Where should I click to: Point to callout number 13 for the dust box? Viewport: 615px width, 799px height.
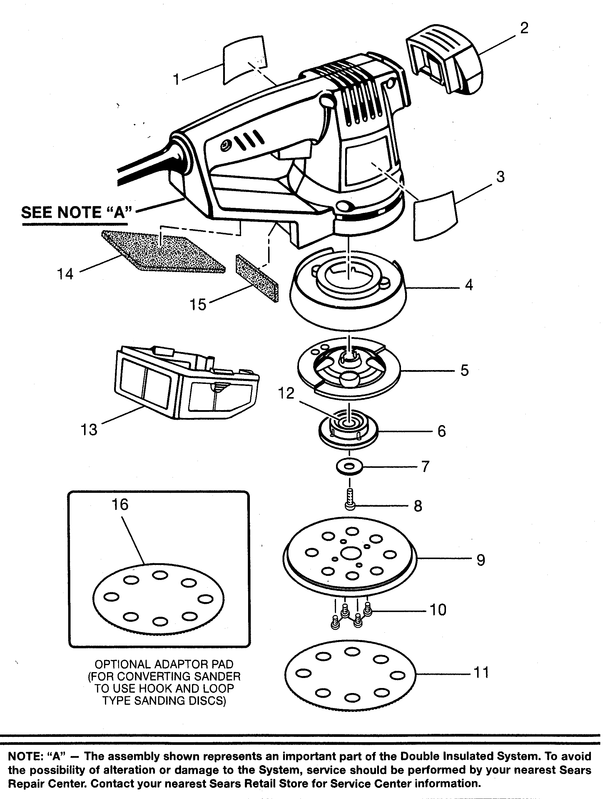tap(89, 430)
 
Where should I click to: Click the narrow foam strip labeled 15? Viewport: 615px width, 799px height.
tap(257, 278)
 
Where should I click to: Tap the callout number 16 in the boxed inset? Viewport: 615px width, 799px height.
tap(120, 505)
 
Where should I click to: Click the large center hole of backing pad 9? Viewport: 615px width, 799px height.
tap(351, 554)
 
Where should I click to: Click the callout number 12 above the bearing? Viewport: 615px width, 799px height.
tap(286, 393)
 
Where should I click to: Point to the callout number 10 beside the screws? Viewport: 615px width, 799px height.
tap(438, 610)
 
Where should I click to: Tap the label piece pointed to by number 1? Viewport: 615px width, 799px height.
tap(245, 59)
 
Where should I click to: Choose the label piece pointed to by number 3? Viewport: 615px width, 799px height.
tap(435, 216)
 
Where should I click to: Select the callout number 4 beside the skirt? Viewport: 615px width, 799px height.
tap(469, 285)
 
